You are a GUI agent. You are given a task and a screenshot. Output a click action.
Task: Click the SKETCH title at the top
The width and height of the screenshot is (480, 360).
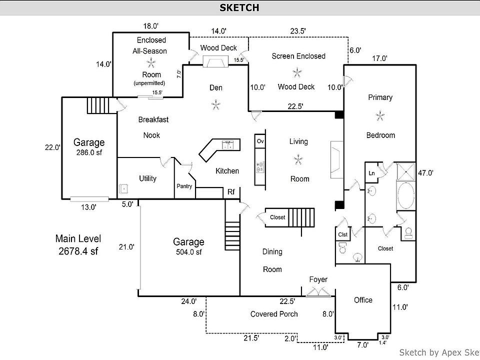tap(239, 7)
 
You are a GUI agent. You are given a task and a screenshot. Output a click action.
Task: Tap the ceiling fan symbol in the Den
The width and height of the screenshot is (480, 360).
tap(216, 105)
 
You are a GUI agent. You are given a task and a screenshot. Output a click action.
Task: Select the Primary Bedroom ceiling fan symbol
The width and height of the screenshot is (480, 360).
tap(380, 116)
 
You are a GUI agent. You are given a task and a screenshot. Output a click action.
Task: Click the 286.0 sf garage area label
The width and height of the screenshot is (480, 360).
tap(89, 152)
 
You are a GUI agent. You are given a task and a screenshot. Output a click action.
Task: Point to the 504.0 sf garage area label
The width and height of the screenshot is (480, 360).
tap(188, 252)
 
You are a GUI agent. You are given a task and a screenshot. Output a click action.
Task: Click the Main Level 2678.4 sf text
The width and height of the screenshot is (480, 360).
tap(78, 244)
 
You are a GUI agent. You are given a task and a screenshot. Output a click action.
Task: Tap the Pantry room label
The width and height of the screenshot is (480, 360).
tap(184, 186)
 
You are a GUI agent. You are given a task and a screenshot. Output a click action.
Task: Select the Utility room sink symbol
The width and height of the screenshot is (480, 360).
tap(124, 188)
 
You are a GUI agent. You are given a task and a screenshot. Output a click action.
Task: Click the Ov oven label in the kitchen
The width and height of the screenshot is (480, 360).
tap(260, 141)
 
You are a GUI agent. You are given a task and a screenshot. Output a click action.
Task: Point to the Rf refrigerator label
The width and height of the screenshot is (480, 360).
tap(231, 191)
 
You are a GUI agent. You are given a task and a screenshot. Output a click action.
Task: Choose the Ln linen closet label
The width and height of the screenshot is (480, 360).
tap(371, 173)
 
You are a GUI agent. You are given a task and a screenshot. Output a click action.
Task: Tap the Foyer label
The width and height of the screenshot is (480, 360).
tap(318, 279)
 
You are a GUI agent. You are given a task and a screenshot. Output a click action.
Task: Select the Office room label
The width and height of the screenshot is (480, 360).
tap(363, 300)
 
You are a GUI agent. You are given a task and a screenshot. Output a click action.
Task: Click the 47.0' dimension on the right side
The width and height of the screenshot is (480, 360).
tap(425, 173)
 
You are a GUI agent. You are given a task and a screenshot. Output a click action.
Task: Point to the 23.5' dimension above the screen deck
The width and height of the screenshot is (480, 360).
tap(298, 31)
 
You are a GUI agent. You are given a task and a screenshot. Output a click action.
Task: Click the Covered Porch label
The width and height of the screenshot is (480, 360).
tap(274, 314)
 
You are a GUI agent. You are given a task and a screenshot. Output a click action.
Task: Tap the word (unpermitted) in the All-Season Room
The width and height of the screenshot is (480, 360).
tap(149, 83)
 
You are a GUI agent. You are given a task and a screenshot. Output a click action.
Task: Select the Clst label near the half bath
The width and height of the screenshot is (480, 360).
tap(342, 234)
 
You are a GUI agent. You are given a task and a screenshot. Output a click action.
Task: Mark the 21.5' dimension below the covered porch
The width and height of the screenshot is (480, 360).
tap(251, 338)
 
